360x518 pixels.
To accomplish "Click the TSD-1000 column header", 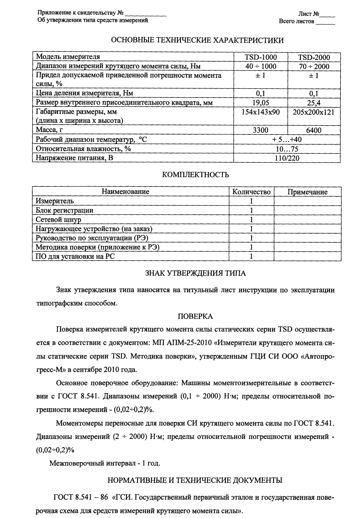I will (260, 57).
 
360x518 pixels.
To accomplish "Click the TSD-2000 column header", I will (314, 58).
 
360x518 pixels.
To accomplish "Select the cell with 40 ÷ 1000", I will (260, 67).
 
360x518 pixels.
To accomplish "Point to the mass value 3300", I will (260, 130).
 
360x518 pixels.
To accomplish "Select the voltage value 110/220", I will (287, 158).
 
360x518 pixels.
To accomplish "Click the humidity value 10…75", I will (287, 149).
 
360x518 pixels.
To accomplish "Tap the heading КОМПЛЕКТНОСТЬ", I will (196, 175).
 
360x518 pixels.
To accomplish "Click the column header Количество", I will (252, 192).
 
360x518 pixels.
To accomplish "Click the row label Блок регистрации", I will (65, 210).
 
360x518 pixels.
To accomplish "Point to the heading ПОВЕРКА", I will (195, 317).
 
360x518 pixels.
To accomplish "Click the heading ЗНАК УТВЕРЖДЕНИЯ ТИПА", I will (195, 273).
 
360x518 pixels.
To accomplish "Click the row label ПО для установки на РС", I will (75, 256).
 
